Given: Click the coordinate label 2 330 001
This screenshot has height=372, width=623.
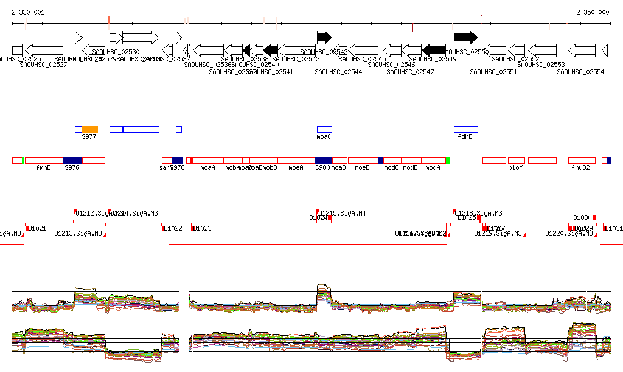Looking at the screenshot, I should coord(28,12).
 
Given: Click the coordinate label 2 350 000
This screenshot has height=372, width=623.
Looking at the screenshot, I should coord(593,12).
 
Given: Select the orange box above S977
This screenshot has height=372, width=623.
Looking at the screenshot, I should coord(90,129).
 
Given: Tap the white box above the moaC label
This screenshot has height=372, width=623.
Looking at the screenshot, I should coord(324,129).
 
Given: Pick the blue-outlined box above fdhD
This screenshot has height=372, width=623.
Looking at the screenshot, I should coord(466,129).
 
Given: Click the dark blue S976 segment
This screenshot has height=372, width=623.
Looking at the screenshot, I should coord(72,160).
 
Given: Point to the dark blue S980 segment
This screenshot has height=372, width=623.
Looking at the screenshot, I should coord(324,160).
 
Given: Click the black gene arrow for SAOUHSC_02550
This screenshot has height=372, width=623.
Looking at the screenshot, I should coord(465,37).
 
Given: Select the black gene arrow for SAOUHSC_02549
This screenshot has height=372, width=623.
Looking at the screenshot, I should coord(434,49).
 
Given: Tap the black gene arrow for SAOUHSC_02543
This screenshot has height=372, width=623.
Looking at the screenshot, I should coord(324,37).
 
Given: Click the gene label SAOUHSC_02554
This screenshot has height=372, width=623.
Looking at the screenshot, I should coord(580,72).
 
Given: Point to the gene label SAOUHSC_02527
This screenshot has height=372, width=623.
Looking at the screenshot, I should coord(43,65).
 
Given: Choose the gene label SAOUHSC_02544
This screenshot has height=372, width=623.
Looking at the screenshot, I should coord(338,72).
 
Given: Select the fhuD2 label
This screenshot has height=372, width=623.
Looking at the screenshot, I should coord(581,167).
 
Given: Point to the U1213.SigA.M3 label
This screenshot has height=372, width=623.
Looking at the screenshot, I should coord(78,233).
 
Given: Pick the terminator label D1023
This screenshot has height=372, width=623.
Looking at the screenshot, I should coord(203,228).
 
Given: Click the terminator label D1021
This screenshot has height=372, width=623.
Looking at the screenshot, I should coord(38,228).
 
